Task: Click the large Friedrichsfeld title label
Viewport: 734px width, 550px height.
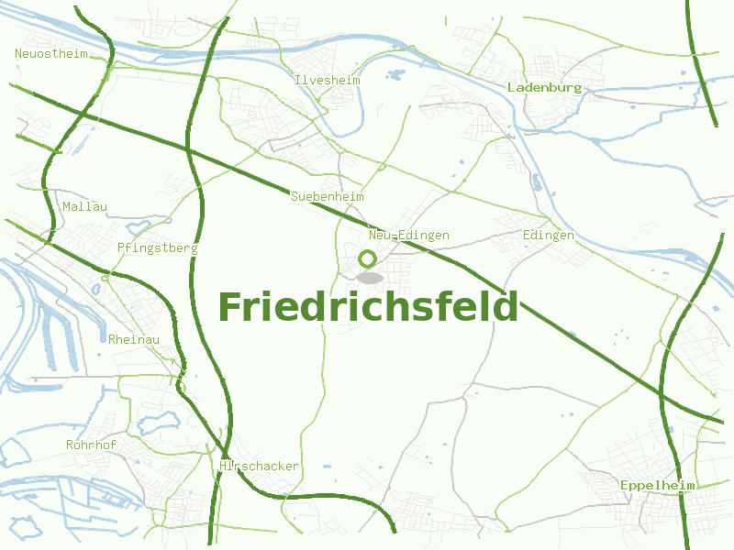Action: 368,307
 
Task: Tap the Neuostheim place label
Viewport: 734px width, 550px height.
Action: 51,53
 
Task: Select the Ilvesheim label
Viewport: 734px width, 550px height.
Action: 328,81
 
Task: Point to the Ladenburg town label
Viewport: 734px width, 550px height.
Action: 545,88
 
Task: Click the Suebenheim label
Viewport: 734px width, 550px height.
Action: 328,197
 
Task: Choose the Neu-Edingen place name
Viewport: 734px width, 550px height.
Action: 409,236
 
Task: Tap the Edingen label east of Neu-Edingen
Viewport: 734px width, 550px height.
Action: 548,236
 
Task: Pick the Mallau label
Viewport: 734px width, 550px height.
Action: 84,207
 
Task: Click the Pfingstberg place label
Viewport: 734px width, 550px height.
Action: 158,247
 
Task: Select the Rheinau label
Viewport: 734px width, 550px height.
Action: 134,340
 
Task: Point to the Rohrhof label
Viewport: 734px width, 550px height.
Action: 91,445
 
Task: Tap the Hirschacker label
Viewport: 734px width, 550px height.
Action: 260,467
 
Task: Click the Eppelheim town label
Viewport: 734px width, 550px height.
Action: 657,485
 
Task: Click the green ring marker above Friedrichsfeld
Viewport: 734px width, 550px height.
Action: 368,258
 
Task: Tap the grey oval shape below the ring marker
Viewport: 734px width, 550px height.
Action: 370,278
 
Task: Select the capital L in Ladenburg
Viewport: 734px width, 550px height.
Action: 511,88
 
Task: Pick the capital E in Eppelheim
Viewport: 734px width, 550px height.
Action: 624,485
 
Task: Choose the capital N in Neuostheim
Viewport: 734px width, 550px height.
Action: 18,53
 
